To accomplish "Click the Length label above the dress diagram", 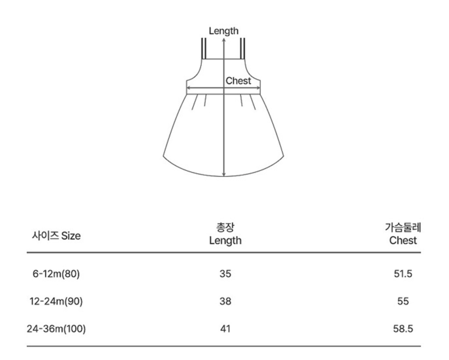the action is pyautogui.click(x=223, y=31).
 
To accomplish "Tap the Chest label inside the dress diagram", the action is pyautogui.click(x=238, y=81).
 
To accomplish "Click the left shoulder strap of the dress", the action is pyautogui.click(x=204, y=48).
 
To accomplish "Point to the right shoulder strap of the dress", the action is pyautogui.click(x=243, y=48).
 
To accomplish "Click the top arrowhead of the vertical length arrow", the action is pyautogui.click(x=224, y=39).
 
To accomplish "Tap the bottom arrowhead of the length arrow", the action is pyautogui.click(x=224, y=174).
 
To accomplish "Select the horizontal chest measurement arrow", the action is pyautogui.click(x=223, y=89).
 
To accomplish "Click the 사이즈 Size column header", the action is pyautogui.click(x=56, y=236).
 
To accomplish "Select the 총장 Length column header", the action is pyautogui.click(x=225, y=234).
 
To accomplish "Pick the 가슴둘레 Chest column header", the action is pyautogui.click(x=403, y=234).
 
